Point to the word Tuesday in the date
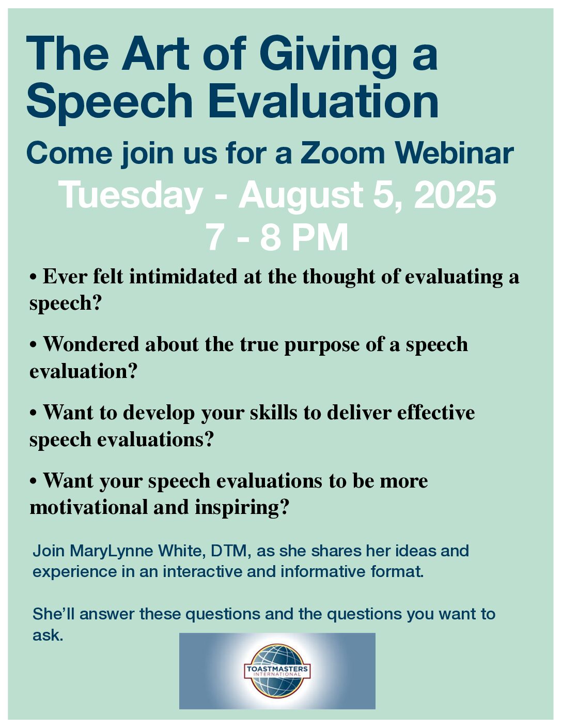coord(132,195)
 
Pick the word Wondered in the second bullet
coord(91,344)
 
